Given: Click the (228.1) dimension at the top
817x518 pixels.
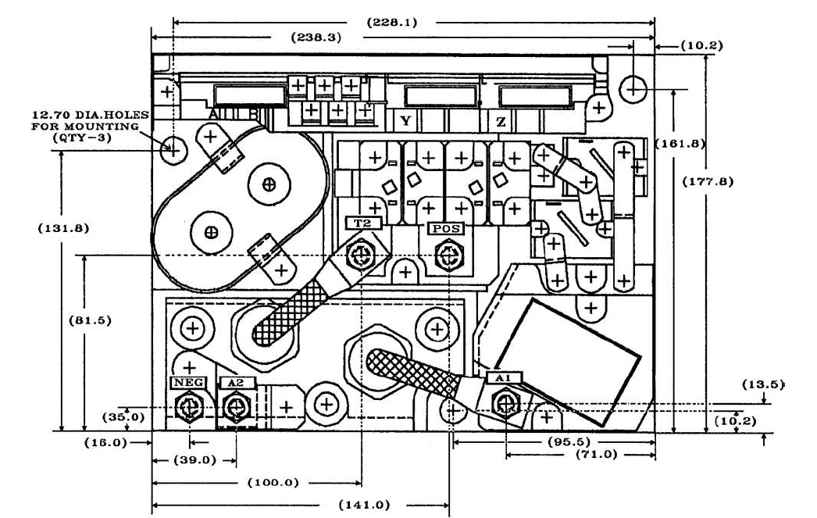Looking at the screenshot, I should (392, 23).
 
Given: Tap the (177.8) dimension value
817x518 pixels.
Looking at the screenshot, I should (708, 181).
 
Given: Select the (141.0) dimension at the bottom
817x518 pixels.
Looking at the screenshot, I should (364, 504).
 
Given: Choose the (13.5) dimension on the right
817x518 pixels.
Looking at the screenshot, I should (765, 384).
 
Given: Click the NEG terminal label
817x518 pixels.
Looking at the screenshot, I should (187, 383).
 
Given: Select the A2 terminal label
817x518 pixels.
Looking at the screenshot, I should (233, 383).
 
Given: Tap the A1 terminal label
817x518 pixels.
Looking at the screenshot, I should (504, 377).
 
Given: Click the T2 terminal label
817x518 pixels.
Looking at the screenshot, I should (362, 223).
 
